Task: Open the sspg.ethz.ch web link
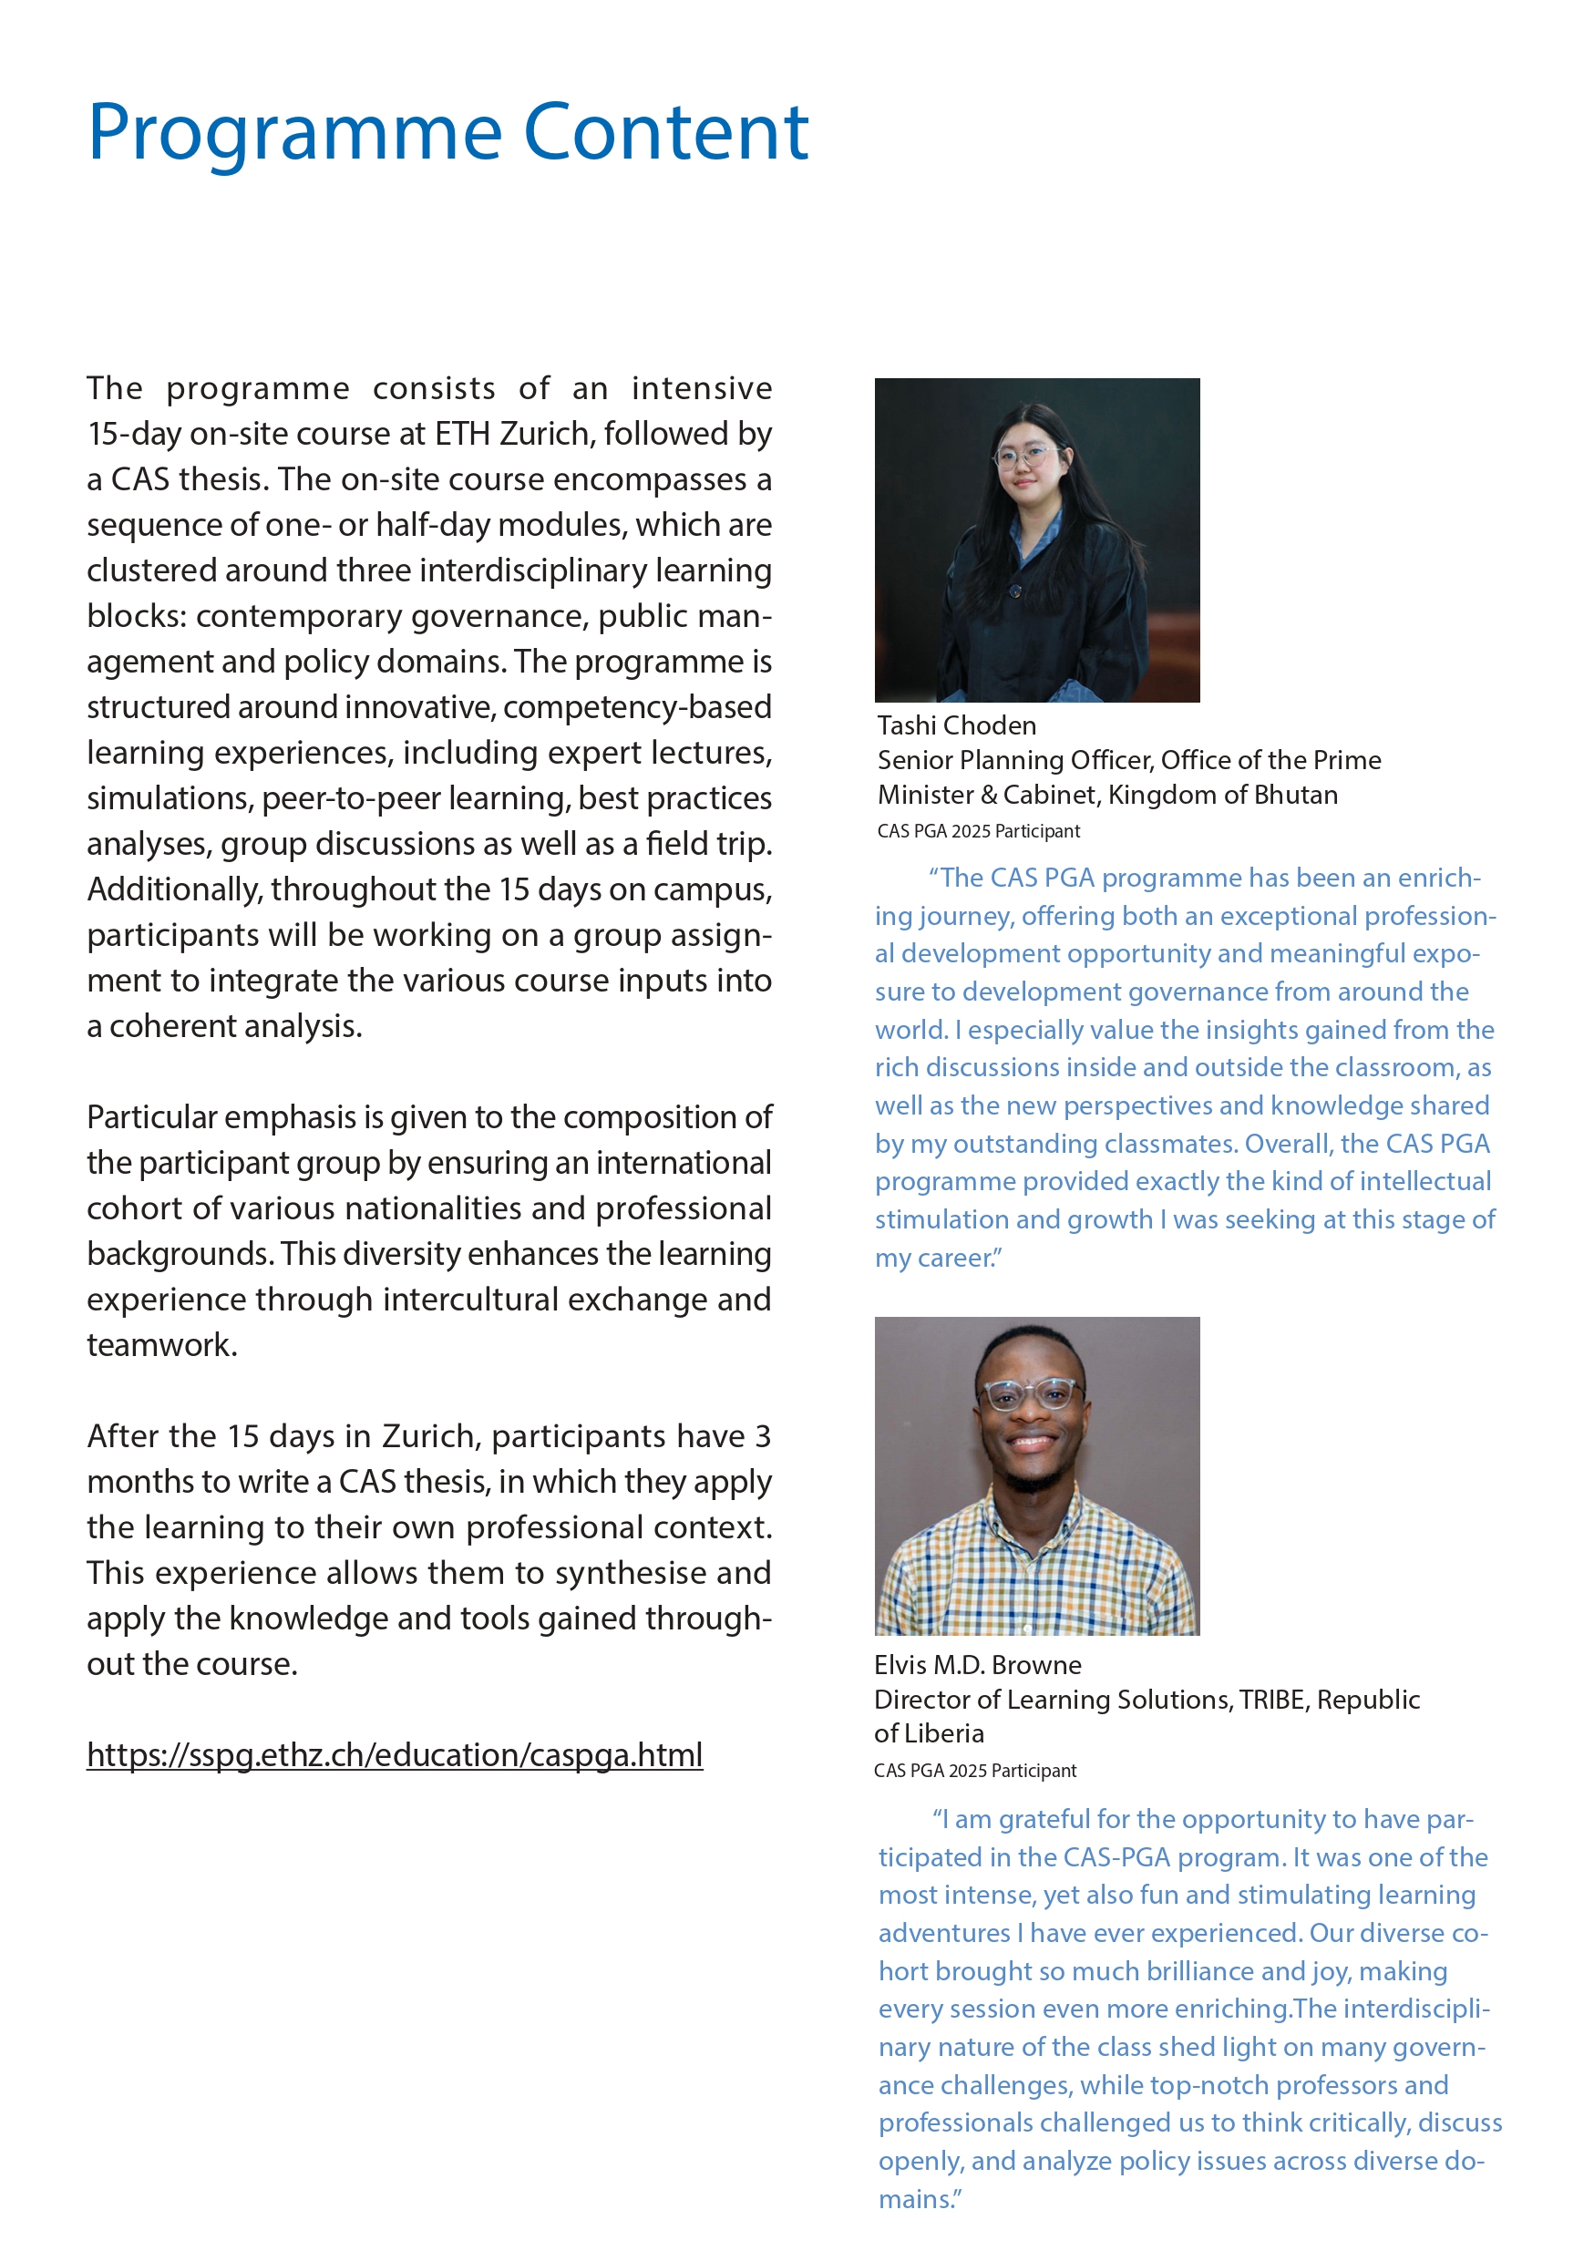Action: (394, 1755)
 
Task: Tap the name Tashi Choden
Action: (956, 725)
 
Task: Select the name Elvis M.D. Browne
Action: (977, 1665)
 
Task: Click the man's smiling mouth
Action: (1030, 1444)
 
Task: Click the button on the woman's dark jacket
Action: (1015, 591)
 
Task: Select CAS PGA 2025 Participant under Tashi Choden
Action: (978, 831)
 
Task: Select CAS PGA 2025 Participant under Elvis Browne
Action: (973, 1771)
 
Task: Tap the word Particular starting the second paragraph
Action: (151, 1117)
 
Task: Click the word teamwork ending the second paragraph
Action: (160, 1345)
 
